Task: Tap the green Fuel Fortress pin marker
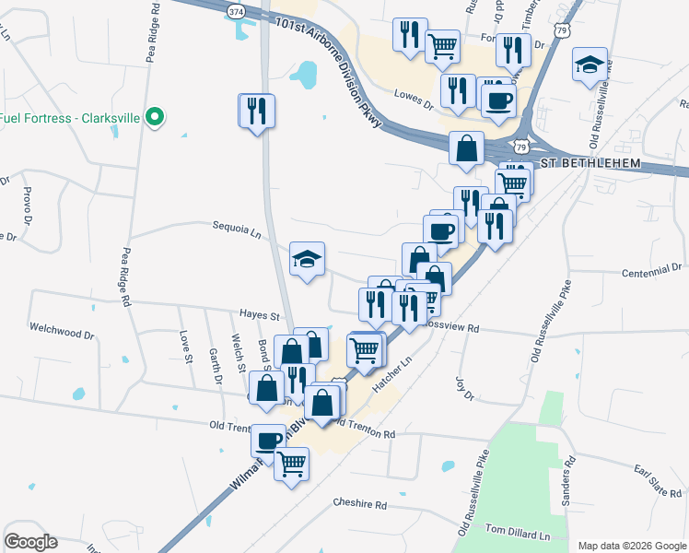coord(155,117)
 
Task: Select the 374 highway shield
coord(238,10)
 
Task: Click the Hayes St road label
coord(259,315)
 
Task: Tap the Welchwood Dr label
coord(63,329)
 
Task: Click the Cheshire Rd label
coord(361,505)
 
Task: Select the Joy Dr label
coord(463,388)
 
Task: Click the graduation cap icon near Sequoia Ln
coord(308,259)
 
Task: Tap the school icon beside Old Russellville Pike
coord(590,65)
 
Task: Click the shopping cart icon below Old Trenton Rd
coord(292,464)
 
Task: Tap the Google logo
coord(30,542)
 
